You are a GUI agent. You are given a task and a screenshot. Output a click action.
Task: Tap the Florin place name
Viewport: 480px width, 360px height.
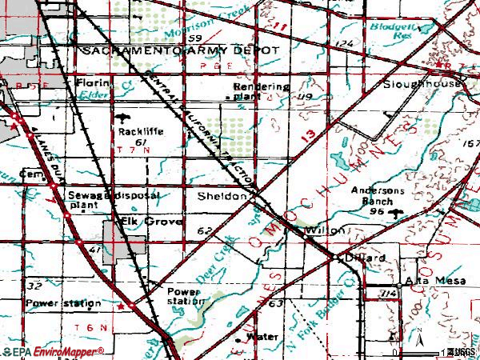(x=92, y=82)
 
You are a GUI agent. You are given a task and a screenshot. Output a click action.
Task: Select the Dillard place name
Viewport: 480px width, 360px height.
(x=367, y=258)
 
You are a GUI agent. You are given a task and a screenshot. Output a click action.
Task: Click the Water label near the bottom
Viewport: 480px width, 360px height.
(x=262, y=337)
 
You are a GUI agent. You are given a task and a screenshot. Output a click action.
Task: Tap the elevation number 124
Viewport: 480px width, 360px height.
(x=345, y=42)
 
